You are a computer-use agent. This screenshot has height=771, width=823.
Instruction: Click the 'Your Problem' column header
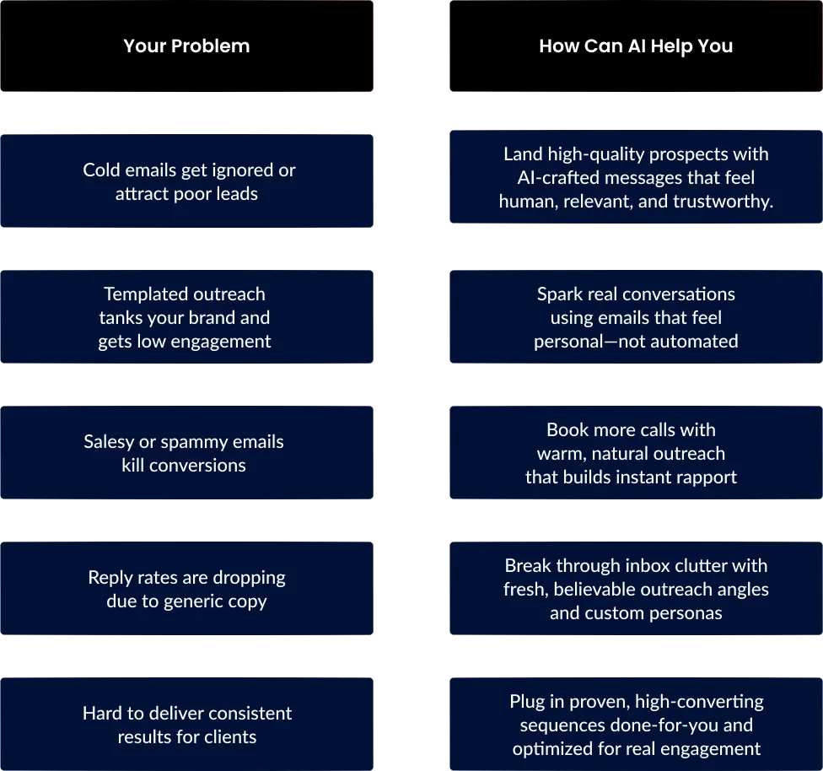coord(187,46)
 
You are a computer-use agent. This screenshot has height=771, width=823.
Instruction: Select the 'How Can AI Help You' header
coord(636,46)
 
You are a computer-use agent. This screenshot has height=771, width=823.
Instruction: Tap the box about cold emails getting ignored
coord(187,181)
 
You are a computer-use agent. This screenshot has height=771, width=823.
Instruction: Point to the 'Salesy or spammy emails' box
coord(187,453)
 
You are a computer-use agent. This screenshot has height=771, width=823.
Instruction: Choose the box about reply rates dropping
coord(187,588)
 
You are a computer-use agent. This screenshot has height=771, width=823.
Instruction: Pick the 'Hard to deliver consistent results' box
coord(187,725)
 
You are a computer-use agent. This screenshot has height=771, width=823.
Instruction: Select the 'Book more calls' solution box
coord(636,453)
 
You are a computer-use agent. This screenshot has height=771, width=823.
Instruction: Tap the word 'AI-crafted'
coord(558,177)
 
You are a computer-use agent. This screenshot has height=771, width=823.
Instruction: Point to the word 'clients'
coord(230,737)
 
